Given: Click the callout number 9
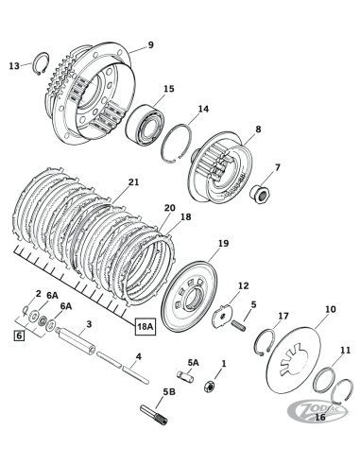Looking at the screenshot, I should (149, 45).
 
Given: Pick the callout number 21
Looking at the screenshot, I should (133, 181).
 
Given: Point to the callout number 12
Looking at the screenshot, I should (243, 284).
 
